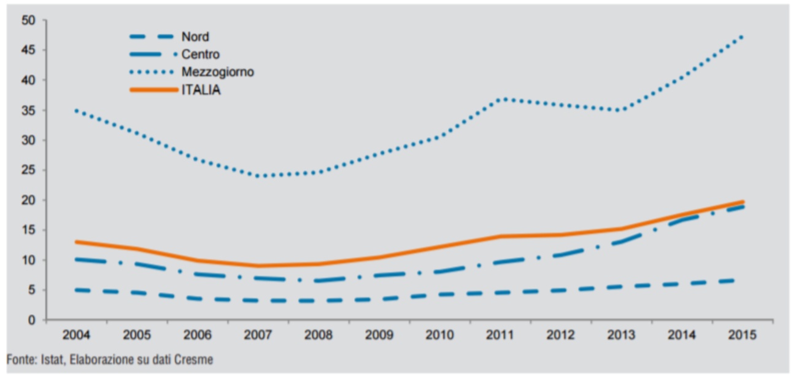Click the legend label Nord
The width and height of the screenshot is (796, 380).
(195, 38)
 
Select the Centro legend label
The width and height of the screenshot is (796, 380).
(200, 55)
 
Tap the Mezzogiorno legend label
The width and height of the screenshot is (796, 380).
(217, 72)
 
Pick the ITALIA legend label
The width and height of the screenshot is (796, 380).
(201, 90)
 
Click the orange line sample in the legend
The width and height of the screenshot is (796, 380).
(151, 90)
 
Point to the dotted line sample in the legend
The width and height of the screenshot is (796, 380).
(151, 72)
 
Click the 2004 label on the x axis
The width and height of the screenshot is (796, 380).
(76, 336)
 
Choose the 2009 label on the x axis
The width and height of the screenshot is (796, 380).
(379, 336)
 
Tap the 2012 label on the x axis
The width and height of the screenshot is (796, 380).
(561, 336)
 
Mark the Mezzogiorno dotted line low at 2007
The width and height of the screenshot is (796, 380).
(258, 176)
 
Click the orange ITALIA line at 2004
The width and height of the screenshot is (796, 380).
(76, 242)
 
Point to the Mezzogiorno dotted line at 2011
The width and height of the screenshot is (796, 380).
(501, 99)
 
